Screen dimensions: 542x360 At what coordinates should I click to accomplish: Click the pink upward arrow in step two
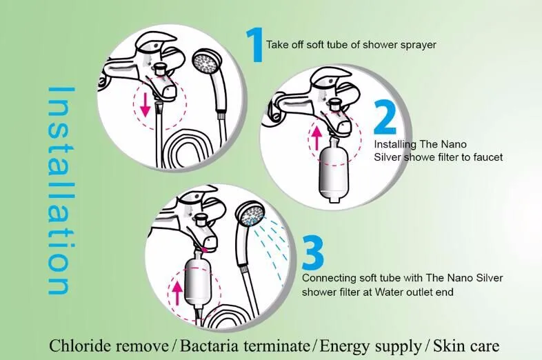click(316, 138)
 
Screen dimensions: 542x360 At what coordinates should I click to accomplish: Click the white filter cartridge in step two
click(333, 169)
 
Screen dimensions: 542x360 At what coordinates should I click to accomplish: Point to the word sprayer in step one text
click(417, 45)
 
